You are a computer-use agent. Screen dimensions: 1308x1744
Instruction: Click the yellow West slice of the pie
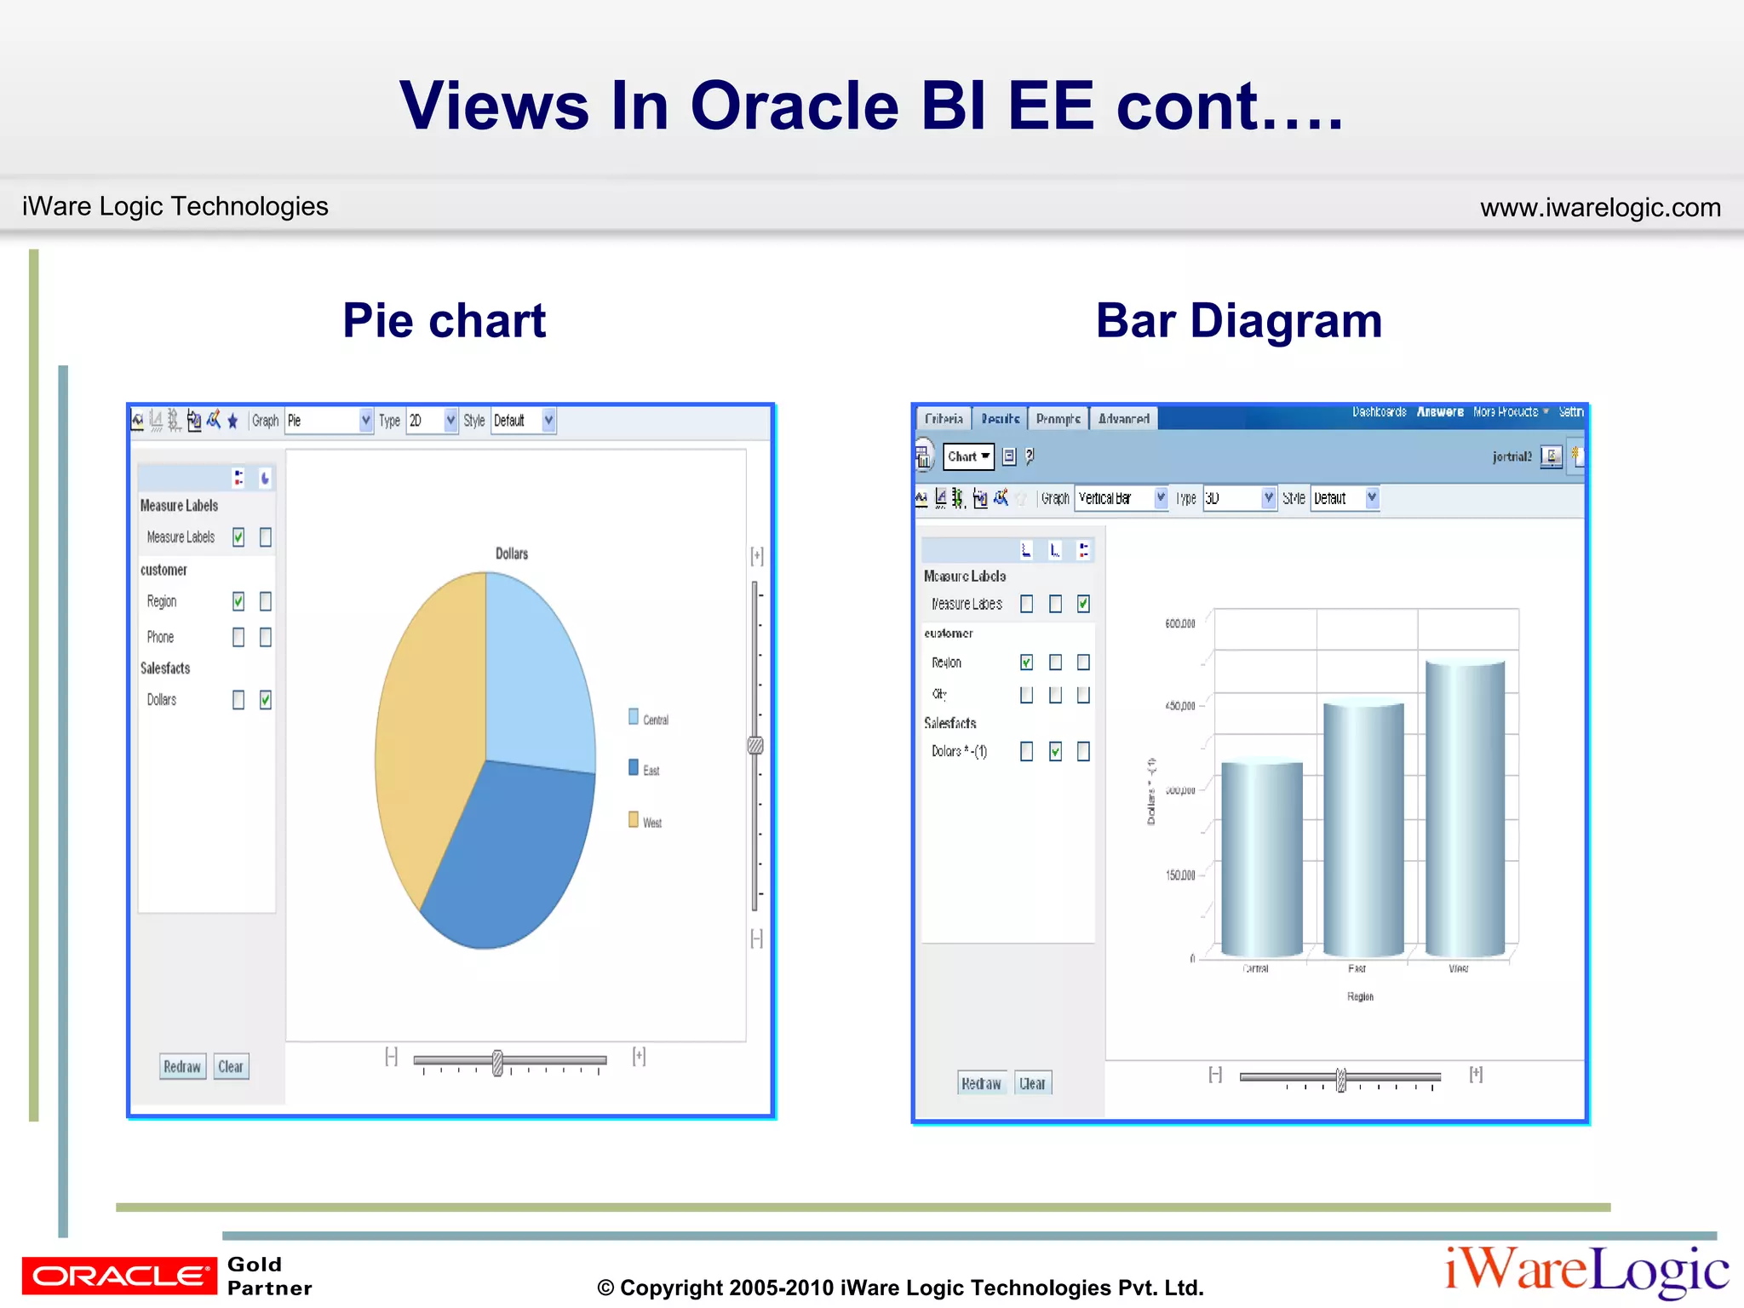point(426,724)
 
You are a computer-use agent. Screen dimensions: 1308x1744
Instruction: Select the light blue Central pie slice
point(536,673)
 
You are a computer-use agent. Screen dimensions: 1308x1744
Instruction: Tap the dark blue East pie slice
point(511,852)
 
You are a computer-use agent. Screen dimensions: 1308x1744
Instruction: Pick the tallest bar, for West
point(1465,809)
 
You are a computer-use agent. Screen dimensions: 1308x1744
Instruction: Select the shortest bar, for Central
point(1262,860)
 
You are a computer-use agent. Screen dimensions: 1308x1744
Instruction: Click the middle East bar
point(1363,830)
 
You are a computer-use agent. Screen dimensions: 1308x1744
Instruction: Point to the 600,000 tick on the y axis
point(1180,623)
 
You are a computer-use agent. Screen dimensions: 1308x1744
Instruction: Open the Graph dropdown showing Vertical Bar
point(1122,498)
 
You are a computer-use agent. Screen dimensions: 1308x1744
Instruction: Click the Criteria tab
point(944,419)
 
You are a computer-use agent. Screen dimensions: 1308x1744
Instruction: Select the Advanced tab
point(1123,419)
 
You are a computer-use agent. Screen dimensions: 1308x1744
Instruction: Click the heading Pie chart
point(444,321)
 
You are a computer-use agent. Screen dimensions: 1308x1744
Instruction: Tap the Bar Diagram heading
point(1238,321)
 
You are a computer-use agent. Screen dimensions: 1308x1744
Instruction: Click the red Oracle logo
point(119,1276)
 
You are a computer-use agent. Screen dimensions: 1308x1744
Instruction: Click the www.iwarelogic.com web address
point(1600,208)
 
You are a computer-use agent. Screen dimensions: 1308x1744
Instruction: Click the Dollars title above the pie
point(512,554)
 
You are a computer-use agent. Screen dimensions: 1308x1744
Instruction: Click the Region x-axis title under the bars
point(1360,996)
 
